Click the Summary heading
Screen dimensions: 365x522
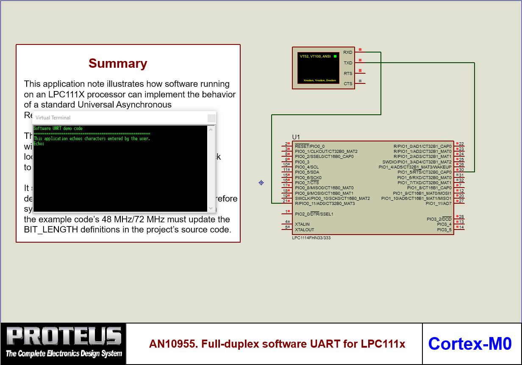pos(118,64)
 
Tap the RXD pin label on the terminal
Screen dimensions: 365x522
pos(347,53)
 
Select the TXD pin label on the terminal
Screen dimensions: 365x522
pos(347,63)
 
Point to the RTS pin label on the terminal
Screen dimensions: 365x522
pos(347,74)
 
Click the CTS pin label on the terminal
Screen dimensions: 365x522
pos(347,84)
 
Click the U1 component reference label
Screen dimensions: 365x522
pos(296,137)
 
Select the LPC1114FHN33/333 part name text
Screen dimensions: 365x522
pos(311,238)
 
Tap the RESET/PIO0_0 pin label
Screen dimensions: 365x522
pos(310,146)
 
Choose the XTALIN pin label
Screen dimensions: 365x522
pos(302,224)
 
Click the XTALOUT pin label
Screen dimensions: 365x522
pos(304,230)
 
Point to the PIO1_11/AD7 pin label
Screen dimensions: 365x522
pos(439,204)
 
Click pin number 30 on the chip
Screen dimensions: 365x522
pos(461,170)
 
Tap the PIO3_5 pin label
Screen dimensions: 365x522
pos(444,230)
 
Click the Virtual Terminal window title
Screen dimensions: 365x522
pos(53,118)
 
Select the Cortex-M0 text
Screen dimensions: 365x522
pos(470,343)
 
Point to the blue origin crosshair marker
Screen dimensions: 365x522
pos(261,183)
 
